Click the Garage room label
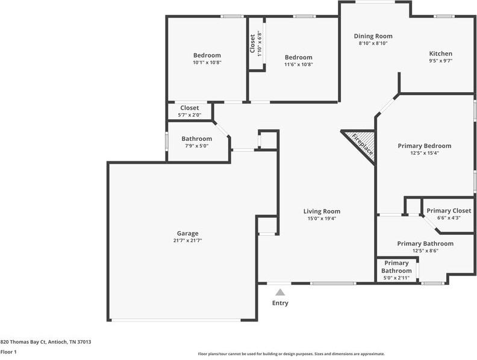click(187, 233)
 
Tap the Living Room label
click(321, 211)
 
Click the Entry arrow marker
click(280, 292)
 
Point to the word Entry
click(280, 303)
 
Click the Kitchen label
click(440, 54)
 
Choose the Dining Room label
click(373, 36)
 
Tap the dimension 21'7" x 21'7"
click(187, 240)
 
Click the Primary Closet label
click(449, 211)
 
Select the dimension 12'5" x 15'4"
click(424, 153)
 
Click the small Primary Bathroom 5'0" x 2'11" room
click(397, 270)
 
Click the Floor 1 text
click(8, 352)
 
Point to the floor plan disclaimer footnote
click(291, 354)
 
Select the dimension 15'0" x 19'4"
click(321, 218)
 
